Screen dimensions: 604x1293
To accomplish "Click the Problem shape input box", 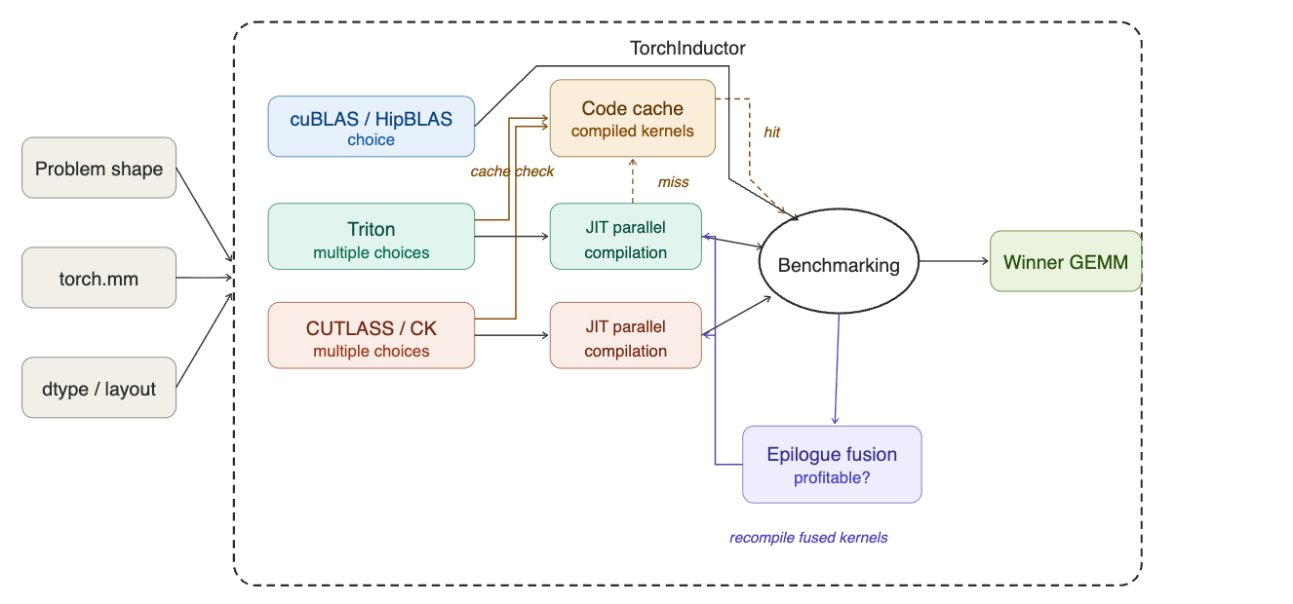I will (x=98, y=169).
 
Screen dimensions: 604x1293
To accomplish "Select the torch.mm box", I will (x=98, y=279).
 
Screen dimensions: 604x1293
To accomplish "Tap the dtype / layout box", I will (x=98, y=389).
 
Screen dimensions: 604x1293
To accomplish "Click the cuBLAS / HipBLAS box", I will (x=372, y=127).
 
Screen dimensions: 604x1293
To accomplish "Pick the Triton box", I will (x=372, y=237).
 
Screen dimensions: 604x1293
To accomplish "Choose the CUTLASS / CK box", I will (x=372, y=335).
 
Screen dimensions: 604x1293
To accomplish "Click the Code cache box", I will (x=633, y=118).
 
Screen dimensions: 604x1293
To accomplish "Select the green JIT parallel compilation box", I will (x=625, y=237).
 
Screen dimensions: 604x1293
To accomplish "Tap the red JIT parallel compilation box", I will (x=625, y=335).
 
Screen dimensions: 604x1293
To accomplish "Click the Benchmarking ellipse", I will (x=839, y=264).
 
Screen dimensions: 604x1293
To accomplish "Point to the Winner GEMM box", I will (x=1065, y=261).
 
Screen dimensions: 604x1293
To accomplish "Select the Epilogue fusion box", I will (x=832, y=464).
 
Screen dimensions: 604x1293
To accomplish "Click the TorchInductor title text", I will (x=687, y=48).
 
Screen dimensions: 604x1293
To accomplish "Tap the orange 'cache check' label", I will (x=512, y=171).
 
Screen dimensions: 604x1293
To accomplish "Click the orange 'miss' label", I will (x=674, y=182).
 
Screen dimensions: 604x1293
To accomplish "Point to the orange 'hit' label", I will (x=771, y=132).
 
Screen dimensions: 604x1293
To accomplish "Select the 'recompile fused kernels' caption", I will (x=808, y=538).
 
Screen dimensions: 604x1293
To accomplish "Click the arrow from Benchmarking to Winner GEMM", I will (x=954, y=261).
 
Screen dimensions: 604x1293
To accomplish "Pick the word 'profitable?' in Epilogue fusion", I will (x=832, y=478).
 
